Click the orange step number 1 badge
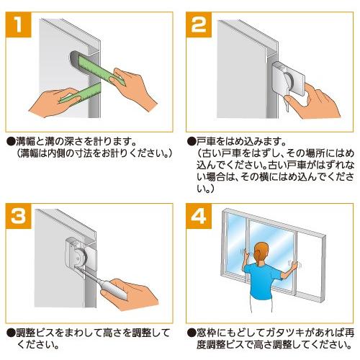tap(19, 24)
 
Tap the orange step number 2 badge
tap(199, 24)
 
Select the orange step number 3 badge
tap(19, 216)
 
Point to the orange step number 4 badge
tap(199, 216)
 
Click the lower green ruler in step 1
tap(81, 93)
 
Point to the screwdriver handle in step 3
tap(116, 289)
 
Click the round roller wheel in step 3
tap(78, 258)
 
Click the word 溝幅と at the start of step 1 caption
tap(28, 141)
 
